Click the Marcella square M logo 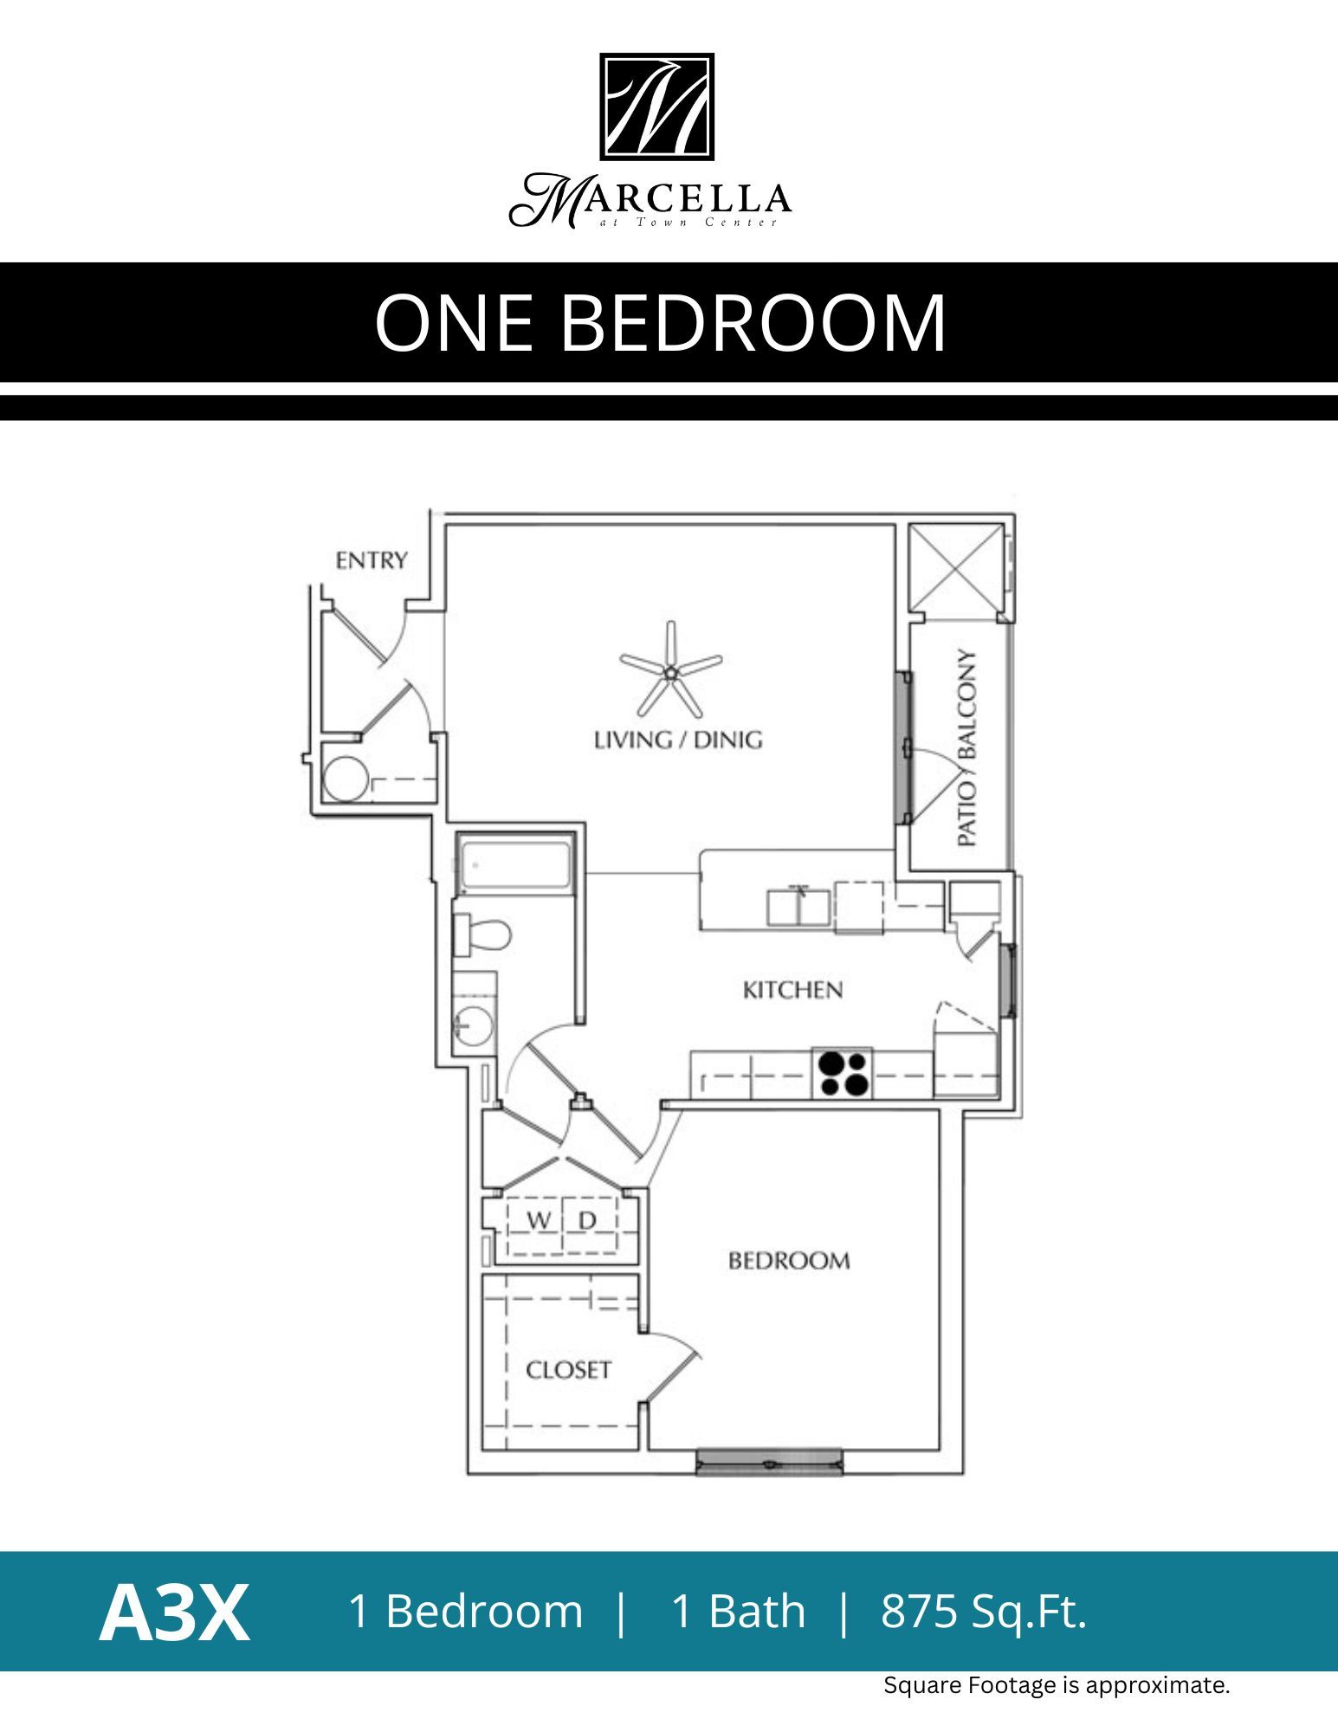(656, 107)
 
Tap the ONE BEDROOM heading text (660, 322)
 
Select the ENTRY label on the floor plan (371, 561)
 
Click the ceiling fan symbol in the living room (670, 670)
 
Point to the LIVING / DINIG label (677, 740)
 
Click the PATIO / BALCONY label (967, 748)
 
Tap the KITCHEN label (792, 990)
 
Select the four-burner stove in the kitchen (842, 1074)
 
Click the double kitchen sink (798, 907)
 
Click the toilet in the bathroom (483, 935)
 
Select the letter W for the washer (538, 1221)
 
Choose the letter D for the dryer (587, 1221)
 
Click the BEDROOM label (788, 1261)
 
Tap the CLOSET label (568, 1370)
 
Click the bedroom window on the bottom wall (769, 1463)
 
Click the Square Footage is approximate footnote (1056, 1685)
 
